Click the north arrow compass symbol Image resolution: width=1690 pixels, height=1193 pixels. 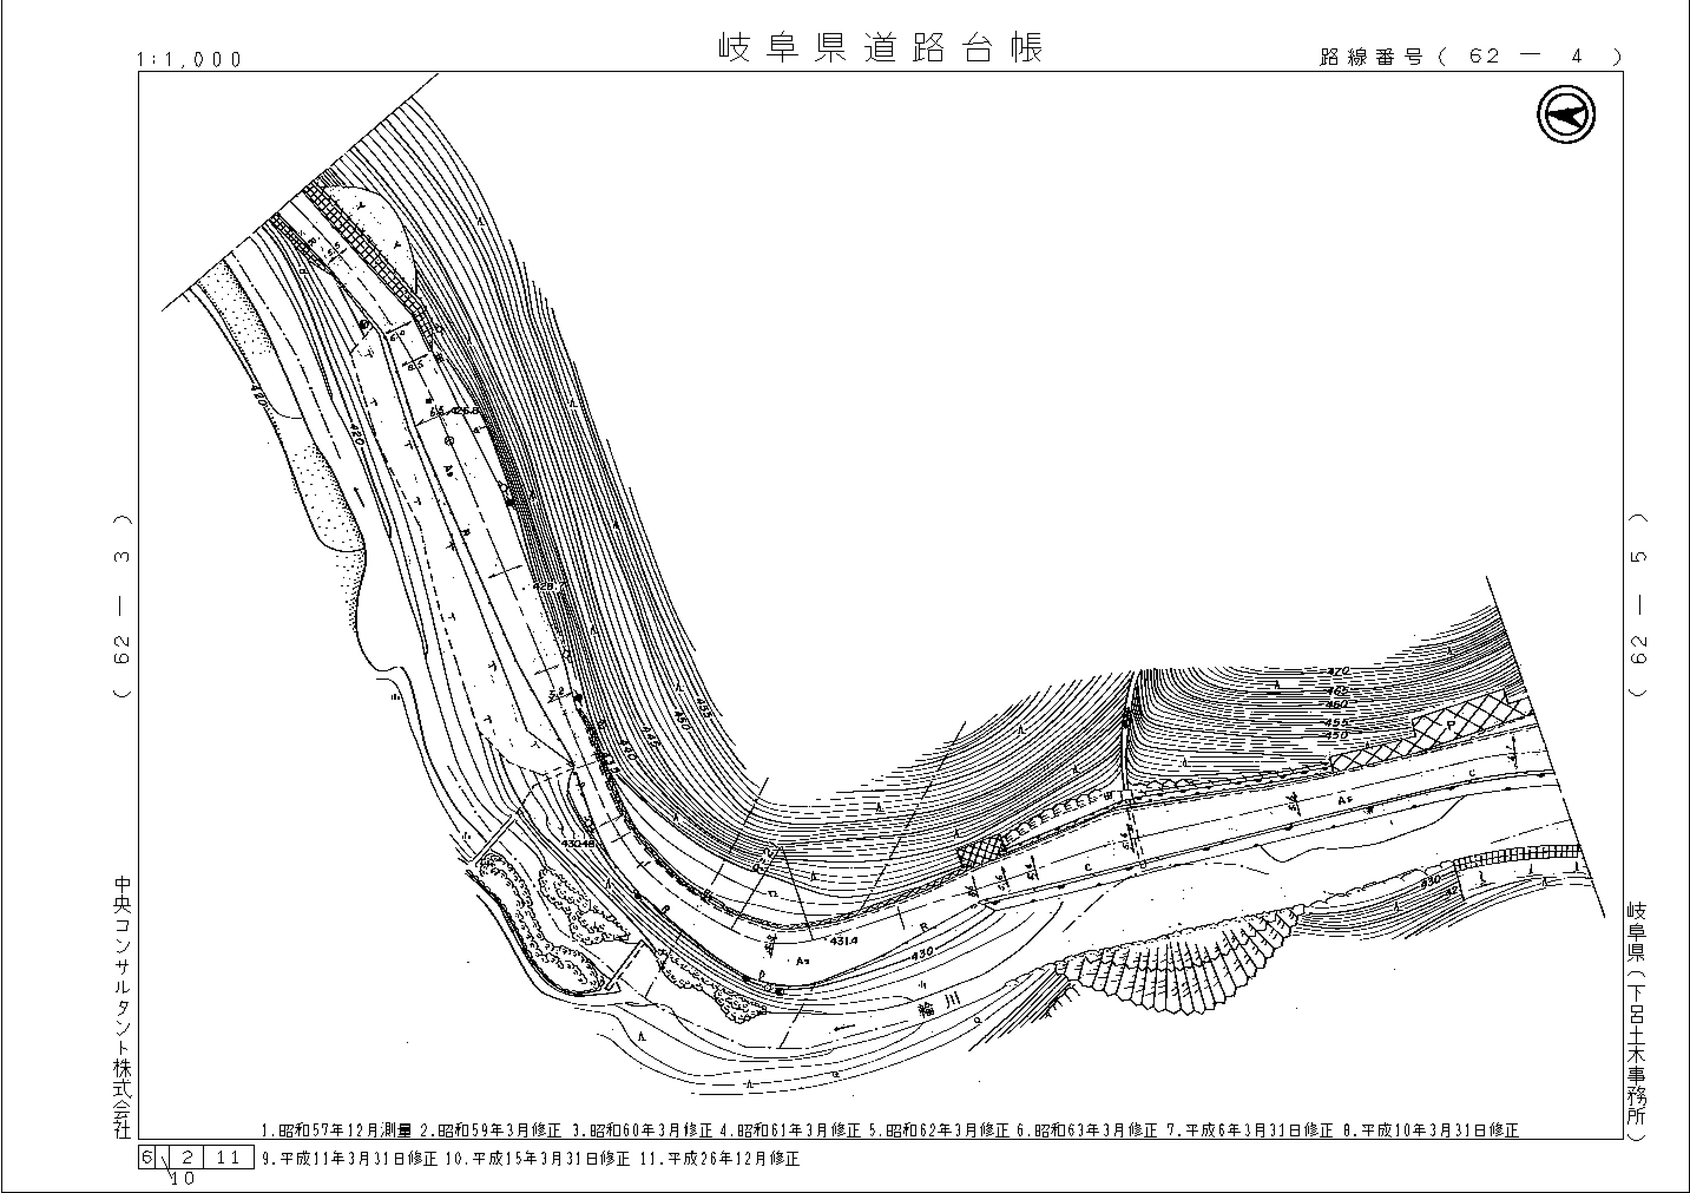1566,116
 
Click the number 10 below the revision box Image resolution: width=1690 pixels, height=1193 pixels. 183,1179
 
